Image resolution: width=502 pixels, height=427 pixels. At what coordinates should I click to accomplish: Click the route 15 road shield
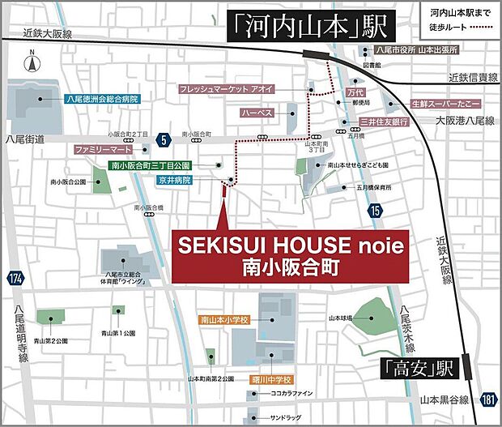[x=374, y=211]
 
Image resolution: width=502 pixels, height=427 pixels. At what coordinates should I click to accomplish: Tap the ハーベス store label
[x=258, y=113]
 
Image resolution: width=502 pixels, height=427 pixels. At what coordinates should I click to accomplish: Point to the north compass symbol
[x=30, y=62]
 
